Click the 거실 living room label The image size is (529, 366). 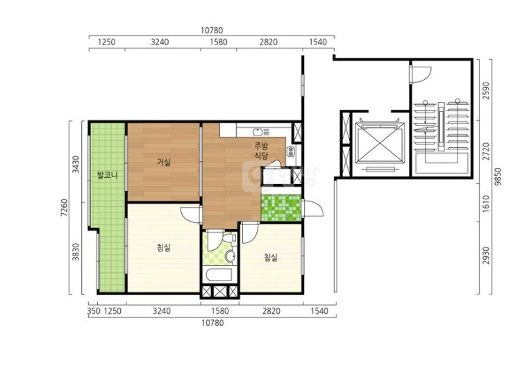[164, 162]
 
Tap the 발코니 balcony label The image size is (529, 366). [108, 175]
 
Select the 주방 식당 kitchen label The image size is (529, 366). [261, 151]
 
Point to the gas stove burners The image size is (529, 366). [291, 151]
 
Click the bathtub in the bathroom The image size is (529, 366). [219, 274]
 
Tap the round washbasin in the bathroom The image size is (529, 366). [230, 256]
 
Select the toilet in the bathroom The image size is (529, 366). [229, 238]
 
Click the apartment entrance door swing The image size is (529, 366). [312, 208]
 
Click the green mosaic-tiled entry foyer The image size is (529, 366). [281, 208]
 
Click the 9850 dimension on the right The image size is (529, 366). [498, 176]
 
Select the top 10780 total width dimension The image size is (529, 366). [212, 31]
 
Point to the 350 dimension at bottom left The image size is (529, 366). [94, 311]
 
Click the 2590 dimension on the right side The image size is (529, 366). [486, 90]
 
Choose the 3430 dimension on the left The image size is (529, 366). [76, 164]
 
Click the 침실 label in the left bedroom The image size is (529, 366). [164, 248]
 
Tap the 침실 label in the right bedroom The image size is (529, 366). [271, 258]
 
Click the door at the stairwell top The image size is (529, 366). [421, 74]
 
